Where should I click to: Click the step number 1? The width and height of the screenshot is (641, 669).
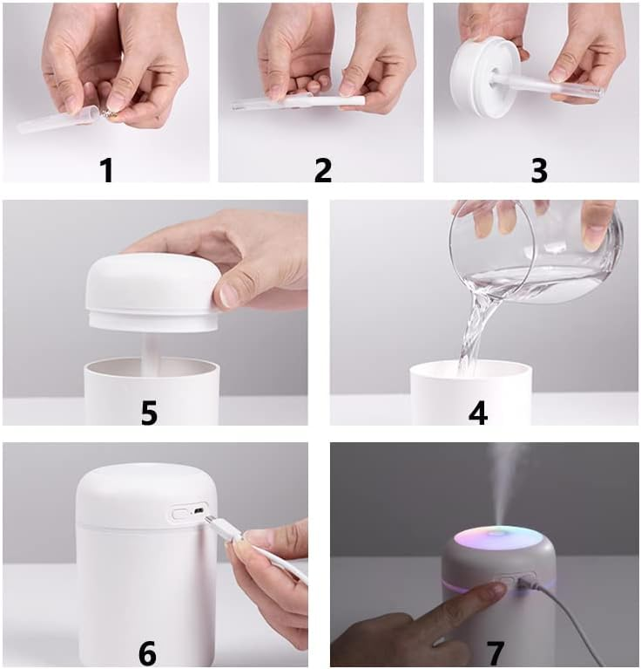pos(106,170)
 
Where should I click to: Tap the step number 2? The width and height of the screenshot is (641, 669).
pos(323,170)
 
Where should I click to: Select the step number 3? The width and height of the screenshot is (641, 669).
pos(539,170)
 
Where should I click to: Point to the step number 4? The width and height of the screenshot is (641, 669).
pos(478,413)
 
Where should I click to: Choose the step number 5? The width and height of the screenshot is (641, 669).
pos(149,413)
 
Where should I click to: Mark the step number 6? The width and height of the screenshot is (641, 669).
pos(147,653)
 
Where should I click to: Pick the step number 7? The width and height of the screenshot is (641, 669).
pos(496,653)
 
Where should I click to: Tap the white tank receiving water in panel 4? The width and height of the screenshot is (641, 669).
pos(470,393)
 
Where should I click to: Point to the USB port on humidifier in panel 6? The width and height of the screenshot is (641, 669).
pos(199,510)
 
